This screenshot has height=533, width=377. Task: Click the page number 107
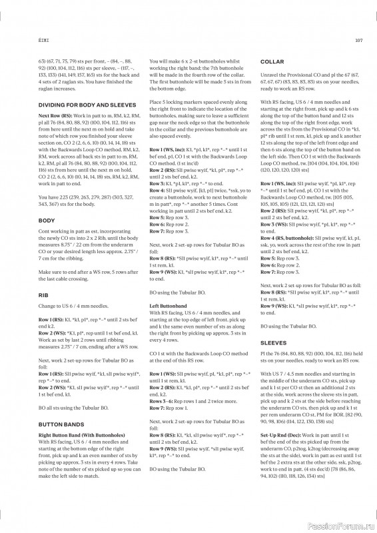[x=356, y=39]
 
